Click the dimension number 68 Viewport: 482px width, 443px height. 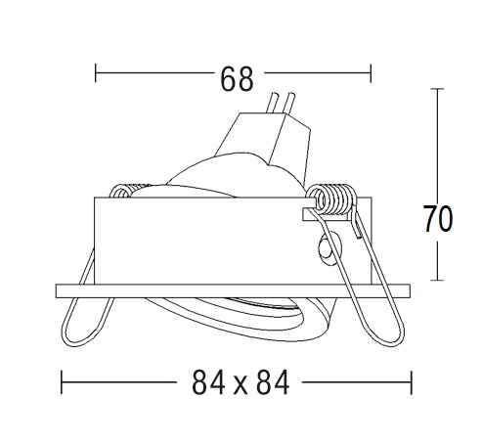coord(237,79)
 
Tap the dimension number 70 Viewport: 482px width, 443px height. coord(438,218)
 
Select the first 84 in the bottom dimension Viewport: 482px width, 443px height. coord(208,382)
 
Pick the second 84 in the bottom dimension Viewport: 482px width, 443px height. coord(273,382)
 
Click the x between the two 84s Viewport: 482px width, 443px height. coord(241,385)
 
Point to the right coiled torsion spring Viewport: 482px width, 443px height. coord(331,199)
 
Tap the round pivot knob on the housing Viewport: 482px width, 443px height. coord(329,248)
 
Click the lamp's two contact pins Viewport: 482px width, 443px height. coord(280,102)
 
